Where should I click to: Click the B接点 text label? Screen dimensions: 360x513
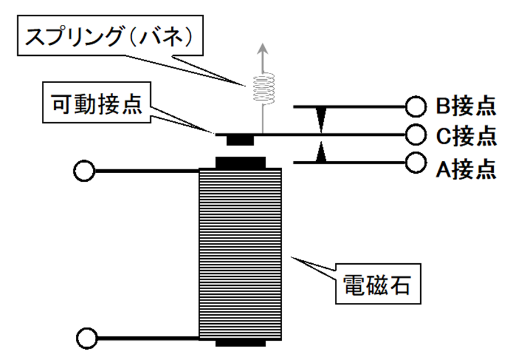(x=465, y=105)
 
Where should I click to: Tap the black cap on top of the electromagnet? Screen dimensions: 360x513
(x=240, y=163)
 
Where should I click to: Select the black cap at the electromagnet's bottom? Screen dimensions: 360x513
(x=240, y=342)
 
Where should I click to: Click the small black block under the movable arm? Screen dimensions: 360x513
(x=240, y=139)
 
